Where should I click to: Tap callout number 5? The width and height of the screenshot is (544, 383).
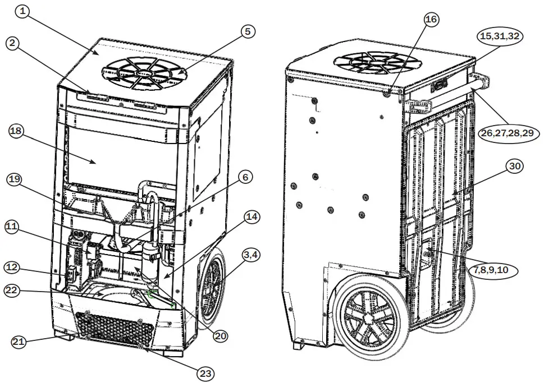click(247, 32)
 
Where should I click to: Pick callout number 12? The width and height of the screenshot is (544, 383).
click(12, 267)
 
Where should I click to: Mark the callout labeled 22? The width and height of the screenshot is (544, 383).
click(12, 290)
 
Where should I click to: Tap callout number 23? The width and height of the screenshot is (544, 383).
click(206, 372)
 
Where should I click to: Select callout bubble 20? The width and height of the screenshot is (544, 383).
click(220, 335)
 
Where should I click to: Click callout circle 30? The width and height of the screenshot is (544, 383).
click(515, 166)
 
